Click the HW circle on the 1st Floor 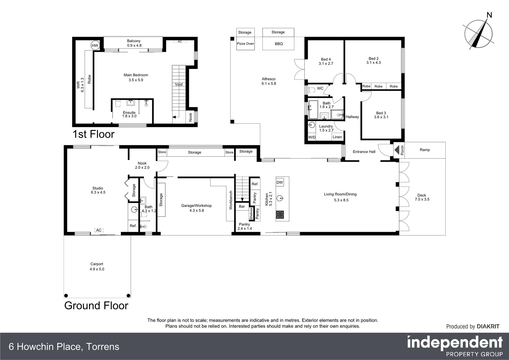[x=95, y=46]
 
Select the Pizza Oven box [x=245, y=44]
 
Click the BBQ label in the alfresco [x=278, y=44]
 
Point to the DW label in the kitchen [x=279, y=182]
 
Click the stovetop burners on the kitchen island [x=280, y=215]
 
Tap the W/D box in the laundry [x=312, y=137]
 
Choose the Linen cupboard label [x=337, y=137]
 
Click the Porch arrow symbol [x=397, y=150]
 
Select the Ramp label [x=424, y=150]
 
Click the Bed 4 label [x=325, y=59]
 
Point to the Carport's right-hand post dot [x=129, y=295]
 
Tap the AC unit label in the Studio [x=99, y=230]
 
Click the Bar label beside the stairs [x=242, y=206]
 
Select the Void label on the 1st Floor [x=179, y=84]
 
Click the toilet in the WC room [x=311, y=90]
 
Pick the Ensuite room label [x=129, y=112]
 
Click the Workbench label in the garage [x=231, y=200]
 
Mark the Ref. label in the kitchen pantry [x=255, y=184]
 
